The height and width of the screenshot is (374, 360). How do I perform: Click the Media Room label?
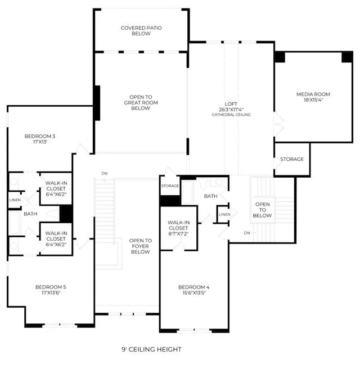tap(313, 94)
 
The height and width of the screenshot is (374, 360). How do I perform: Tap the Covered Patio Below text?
tap(141, 31)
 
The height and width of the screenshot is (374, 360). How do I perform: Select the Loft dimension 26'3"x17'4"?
tap(231, 110)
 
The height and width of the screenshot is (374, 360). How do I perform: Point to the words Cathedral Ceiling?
tap(231, 115)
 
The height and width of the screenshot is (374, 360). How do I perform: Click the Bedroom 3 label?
tap(40, 136)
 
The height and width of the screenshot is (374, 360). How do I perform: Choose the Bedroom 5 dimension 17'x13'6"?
tap(51, 292)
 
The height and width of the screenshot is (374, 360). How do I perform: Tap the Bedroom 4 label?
tap(193, 287)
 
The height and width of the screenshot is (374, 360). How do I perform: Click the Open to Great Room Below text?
tap(141, 102)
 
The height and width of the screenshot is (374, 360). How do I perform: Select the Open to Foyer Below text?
tap(140, 246)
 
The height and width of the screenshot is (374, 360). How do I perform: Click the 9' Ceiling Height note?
tap(151, 349)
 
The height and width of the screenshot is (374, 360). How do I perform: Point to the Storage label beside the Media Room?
tap(292, 159)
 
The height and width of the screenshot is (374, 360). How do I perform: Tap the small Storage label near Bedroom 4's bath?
tap(170, 186)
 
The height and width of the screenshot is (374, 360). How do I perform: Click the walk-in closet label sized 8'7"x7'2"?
tap(178, 228)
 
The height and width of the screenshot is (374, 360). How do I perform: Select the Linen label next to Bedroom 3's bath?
tap(15, 200)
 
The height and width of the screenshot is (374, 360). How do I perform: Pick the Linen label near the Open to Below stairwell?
tap(224, 214)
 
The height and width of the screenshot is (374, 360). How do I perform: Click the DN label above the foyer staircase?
tap(105, 173)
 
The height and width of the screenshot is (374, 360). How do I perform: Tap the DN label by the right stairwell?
tap(247, 233)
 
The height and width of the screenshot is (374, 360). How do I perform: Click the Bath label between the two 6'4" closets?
tap(30, 214)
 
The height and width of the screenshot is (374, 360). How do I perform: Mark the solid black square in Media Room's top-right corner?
tap(347, 57)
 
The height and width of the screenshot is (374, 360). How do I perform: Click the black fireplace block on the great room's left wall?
tap(97, 103)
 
